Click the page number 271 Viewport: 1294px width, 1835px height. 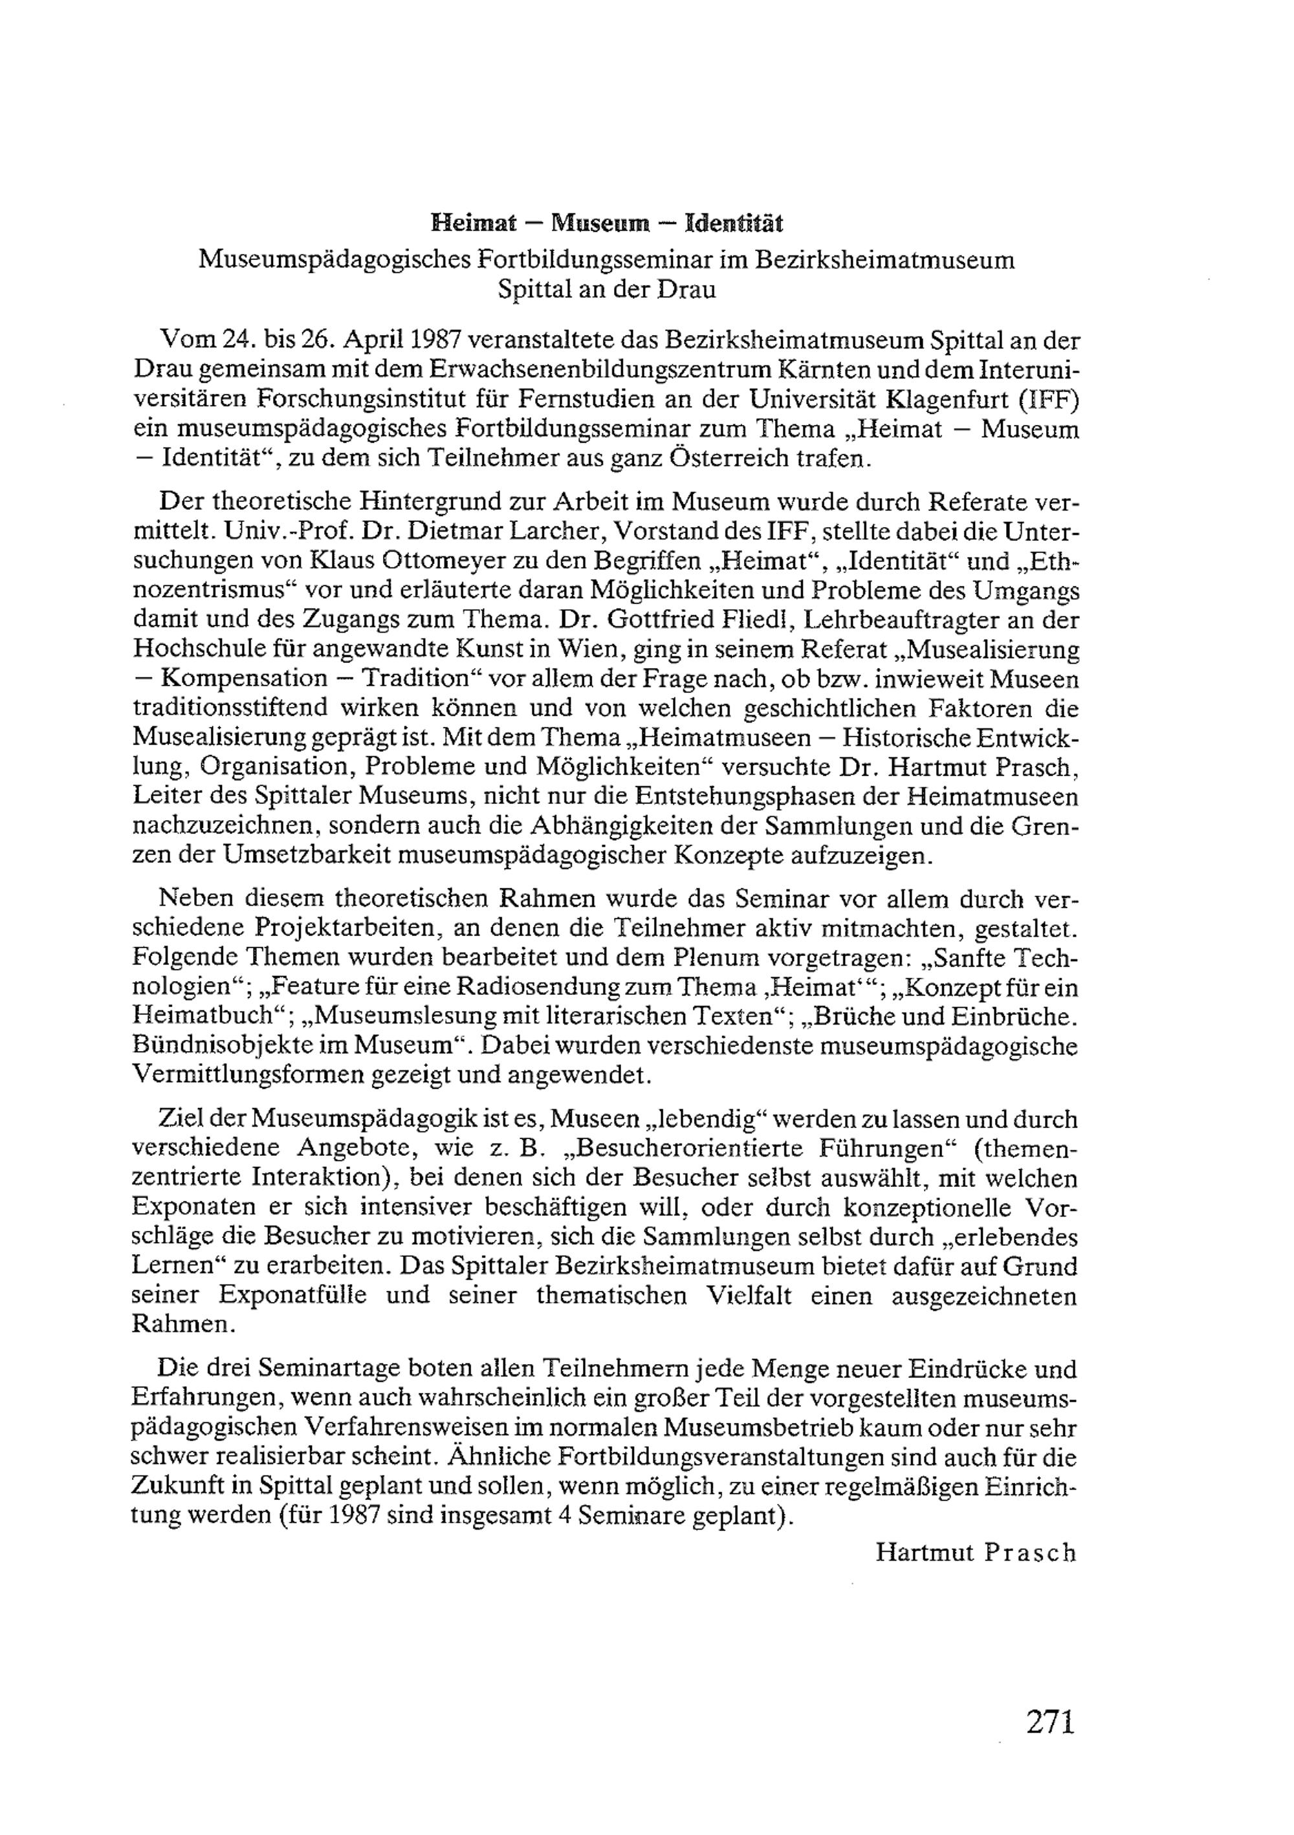1051,1743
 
